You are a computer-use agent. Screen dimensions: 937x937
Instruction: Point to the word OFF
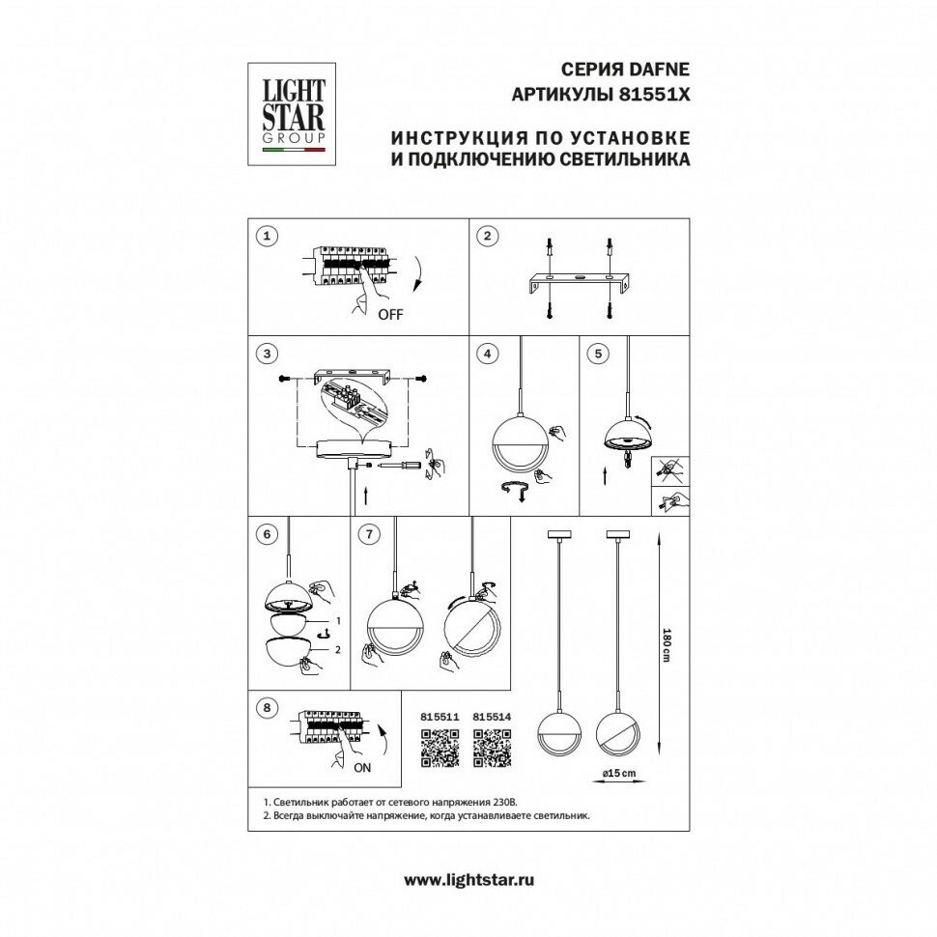coord(390,315)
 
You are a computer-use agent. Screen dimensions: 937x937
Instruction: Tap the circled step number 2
coord(489,236)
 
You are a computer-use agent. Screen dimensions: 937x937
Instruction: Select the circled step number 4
coord(489,354)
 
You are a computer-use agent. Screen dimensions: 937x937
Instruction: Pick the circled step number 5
coord(599,354)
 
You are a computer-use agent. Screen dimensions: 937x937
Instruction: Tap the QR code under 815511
coord(440,747)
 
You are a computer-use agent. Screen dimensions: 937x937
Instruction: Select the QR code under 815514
coord(492,747)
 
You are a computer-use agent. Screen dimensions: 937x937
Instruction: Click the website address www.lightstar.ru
coord(468,879)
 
